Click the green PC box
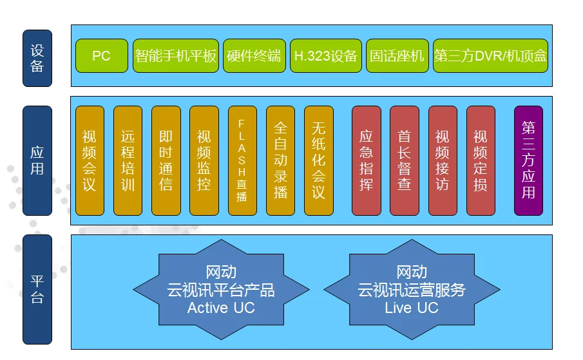(102, 55)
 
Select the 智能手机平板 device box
(176, 55)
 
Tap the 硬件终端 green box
(254, 55)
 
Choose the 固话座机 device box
(397, 55)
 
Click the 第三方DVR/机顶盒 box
(490, 55)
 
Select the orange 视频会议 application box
(90, 160)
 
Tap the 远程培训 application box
(128, 160)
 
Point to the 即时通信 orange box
(166, 160)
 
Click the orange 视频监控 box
(204, 160)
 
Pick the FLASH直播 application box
(242, 160)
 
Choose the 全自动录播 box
(280, 160)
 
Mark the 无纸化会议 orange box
(318, 160)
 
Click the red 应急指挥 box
(366, 160)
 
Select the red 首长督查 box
(404, 160)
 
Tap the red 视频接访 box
(442, 160)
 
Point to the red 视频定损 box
(481, 160)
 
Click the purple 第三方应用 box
(528, 160)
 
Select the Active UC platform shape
(221, 290)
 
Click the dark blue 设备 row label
(37, 58)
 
